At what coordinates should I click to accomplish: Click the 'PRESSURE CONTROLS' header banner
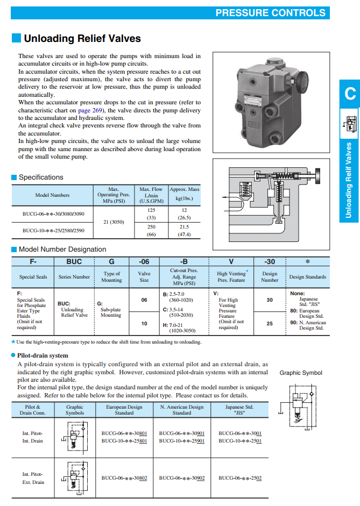point(270,13)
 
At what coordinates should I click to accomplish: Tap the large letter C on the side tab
point(350,94)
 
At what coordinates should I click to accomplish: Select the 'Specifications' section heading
point(41,177)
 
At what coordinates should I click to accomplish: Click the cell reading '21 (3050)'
point(114,222)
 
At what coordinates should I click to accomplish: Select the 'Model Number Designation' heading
point(62,249)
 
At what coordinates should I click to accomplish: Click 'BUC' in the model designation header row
point(74,262)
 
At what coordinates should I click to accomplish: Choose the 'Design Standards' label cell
point(307,277)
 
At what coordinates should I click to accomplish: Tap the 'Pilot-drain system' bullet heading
point(43,355)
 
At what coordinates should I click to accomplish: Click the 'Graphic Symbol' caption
point(301,373)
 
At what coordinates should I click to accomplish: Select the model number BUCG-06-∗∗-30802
point(124,478)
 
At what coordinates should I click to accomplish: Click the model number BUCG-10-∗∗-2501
point(240,441)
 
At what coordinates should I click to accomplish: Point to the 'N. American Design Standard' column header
point(182,410)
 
